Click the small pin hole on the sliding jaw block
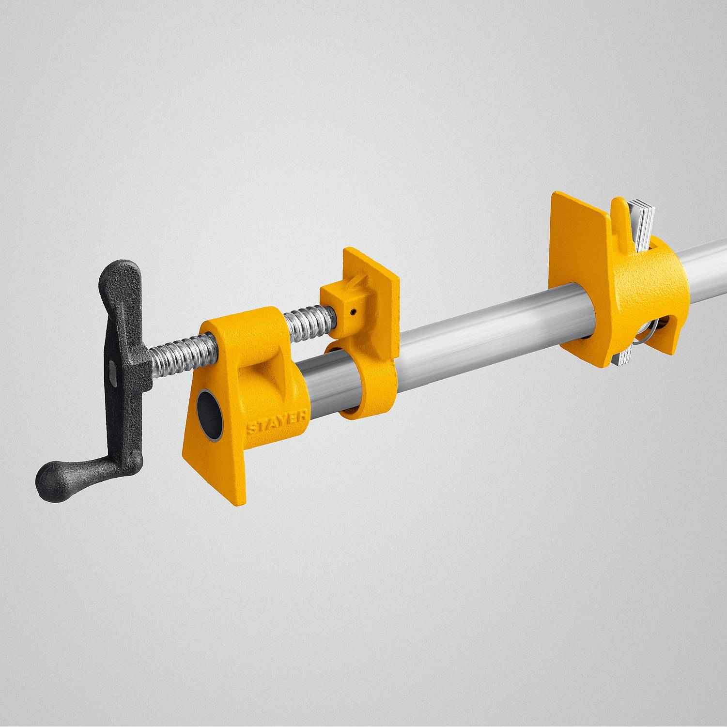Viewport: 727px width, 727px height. [x=355, y=312]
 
